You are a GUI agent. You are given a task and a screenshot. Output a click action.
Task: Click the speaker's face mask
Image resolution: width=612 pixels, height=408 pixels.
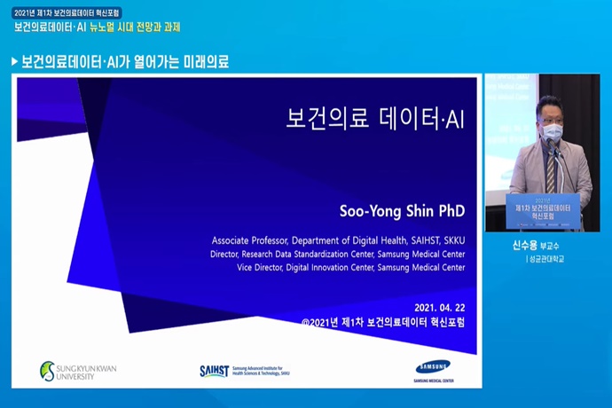pos(553,132)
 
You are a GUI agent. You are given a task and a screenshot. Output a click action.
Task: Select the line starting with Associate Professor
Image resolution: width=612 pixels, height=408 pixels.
pos(338,240)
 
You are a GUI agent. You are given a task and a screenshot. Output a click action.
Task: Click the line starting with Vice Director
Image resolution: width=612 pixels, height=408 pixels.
pos(350,267)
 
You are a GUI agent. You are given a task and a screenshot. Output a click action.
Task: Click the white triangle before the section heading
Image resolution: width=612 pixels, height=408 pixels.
pos(14,62)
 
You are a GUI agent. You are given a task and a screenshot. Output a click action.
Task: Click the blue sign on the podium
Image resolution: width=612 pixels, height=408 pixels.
pos(542,211)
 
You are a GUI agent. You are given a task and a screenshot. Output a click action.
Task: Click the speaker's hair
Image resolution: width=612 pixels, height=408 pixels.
pos(549,103)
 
